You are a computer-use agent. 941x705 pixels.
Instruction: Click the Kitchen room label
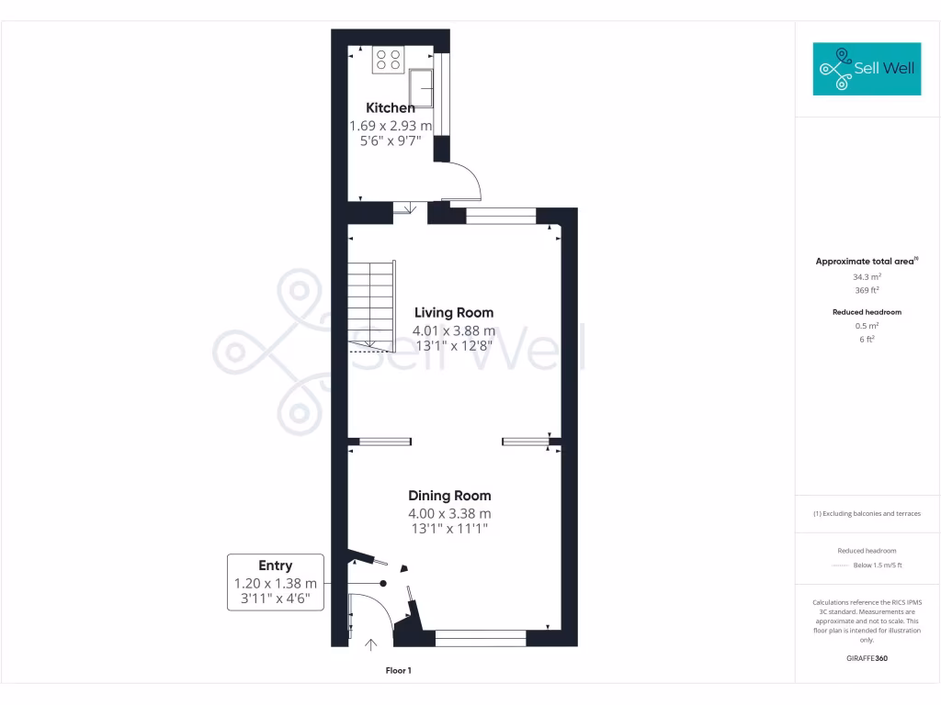coord(391,107)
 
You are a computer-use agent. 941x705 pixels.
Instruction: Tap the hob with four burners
coord(388,60)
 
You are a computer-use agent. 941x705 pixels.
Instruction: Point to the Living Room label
coord(453,312)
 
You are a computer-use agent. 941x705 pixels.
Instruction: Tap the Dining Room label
coord(449,496)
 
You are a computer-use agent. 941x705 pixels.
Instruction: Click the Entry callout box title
coord(275,565)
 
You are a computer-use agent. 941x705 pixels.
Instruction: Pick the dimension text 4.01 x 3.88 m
coord(453,330)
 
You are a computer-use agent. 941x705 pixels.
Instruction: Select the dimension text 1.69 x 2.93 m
coord(391,126)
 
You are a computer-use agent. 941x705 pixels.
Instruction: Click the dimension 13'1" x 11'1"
coord(449,529)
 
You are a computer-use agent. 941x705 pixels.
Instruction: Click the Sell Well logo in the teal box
coord(867,69)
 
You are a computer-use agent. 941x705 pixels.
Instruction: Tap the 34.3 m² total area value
coord(867,276)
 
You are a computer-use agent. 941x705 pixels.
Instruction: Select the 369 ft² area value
coord(867,290)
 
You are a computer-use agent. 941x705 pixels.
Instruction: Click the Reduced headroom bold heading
coord(867,312)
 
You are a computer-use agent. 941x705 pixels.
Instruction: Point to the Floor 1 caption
coord(398,671)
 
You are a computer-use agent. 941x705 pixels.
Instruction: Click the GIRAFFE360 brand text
coord(867,658)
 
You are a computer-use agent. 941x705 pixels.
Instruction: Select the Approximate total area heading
coord(866,262)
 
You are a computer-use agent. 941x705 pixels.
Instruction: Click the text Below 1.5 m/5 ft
coord(879,565)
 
